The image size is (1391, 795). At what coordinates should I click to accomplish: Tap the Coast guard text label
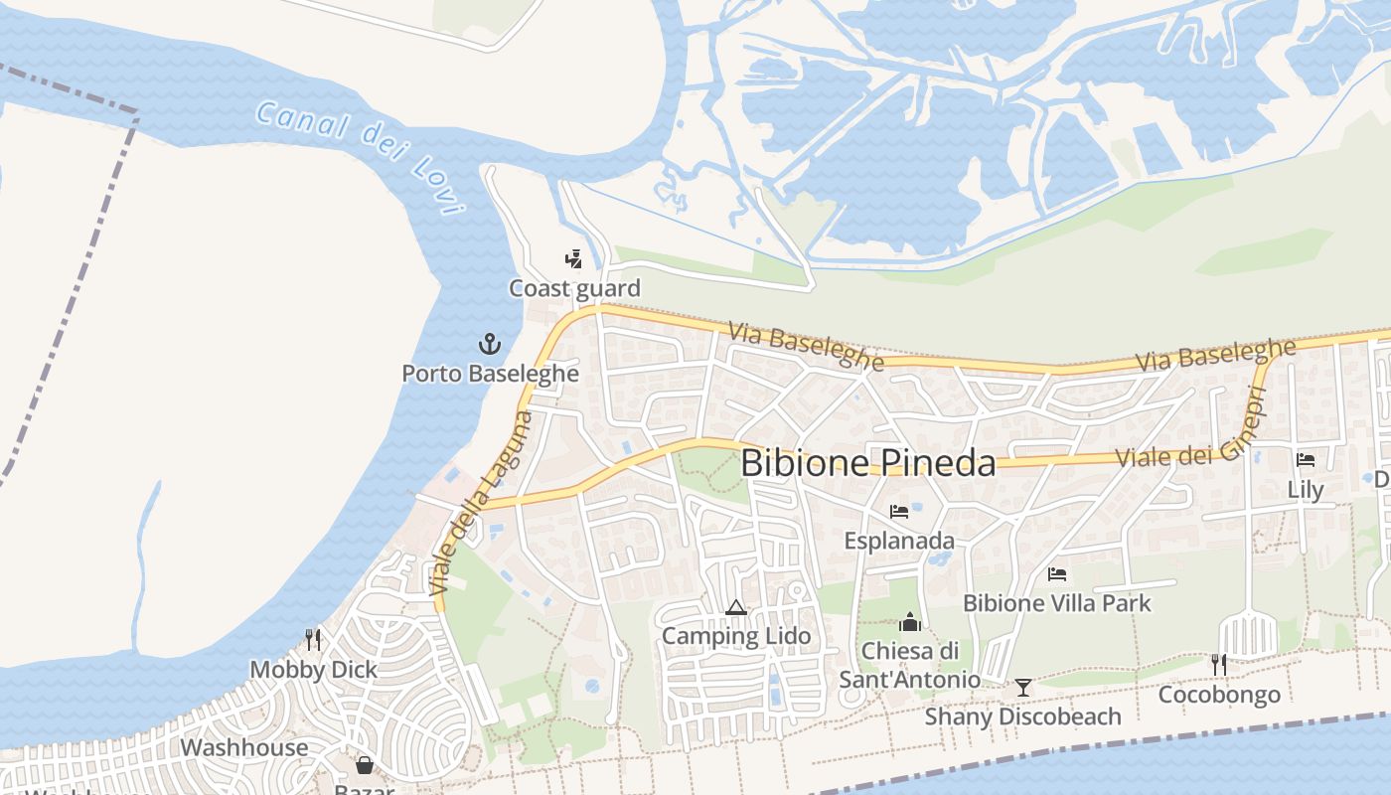point(574,289)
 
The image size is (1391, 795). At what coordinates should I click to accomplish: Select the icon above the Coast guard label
point(573,260)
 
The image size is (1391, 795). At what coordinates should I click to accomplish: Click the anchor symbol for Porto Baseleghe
point(489,345)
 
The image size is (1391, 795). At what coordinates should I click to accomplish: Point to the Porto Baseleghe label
point(490,374)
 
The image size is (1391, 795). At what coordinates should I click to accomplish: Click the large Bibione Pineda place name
point(867,463)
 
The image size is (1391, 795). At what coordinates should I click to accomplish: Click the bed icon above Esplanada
point(899,513)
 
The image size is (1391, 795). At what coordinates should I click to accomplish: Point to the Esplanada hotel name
point(899,541)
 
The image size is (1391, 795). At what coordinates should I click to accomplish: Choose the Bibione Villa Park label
point(1057,603)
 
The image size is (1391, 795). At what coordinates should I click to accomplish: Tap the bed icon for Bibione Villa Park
point(1057,574)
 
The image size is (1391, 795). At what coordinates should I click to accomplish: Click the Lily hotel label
point(1306,490)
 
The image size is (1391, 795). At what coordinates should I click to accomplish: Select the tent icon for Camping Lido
point(735,608)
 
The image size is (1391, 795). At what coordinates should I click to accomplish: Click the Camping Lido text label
point(736,636)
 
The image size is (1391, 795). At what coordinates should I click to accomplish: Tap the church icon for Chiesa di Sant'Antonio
point(910,623)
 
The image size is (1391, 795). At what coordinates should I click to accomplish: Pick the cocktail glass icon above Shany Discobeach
point(1022,688)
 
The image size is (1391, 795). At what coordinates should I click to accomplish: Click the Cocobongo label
point(1219,694)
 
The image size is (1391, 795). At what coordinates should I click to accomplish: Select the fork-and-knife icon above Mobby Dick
point(313,640)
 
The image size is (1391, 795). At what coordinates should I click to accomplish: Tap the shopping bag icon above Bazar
point(365,765)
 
